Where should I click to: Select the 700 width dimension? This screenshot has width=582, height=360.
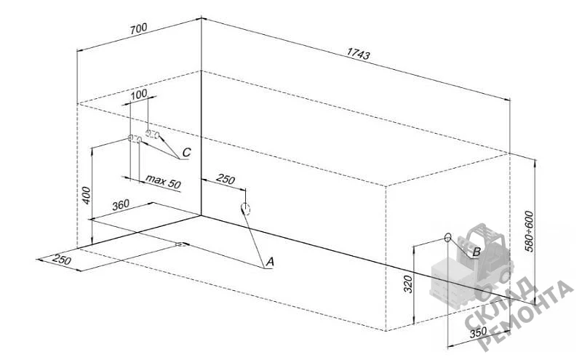point(138,28)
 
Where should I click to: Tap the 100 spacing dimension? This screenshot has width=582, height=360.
point(139,94)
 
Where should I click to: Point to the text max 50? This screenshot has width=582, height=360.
point(163,181)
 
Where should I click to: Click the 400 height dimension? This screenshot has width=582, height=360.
point(86,195)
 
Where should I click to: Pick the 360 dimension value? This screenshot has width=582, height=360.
point(121,205)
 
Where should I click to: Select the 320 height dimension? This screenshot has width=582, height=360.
point(408,284)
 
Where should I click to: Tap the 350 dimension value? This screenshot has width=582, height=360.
point(478,332)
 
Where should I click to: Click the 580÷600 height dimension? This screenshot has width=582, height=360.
point(530,231)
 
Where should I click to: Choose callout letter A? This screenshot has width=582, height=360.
point(270,262)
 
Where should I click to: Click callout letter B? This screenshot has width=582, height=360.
point(477,252)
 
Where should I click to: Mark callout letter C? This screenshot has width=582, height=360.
point(186,152)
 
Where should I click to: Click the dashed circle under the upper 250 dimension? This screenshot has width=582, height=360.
point(245,209)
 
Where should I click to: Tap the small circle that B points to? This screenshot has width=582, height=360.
point(447,237)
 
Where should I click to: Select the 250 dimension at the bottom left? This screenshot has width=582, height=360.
point(61,260)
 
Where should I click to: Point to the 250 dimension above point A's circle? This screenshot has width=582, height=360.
point(226,179)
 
